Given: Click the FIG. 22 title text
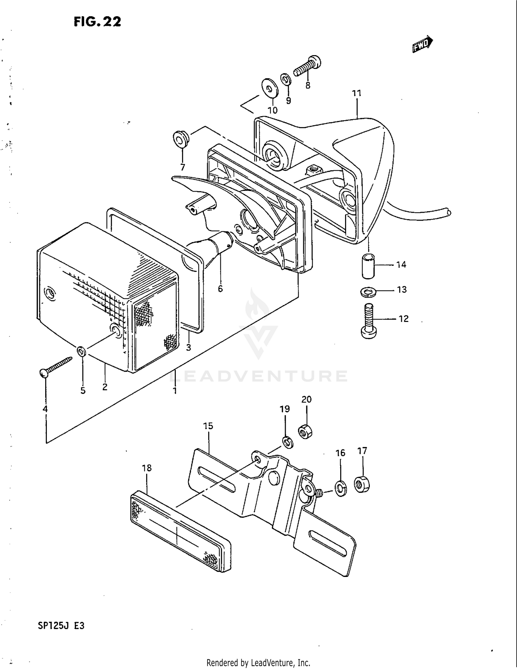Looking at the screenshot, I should [98, 22].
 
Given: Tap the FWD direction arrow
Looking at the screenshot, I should [422, 44].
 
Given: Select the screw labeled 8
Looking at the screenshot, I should [308, 66].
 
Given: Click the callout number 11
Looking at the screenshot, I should [356, 93].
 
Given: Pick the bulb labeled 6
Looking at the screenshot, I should [221, 245].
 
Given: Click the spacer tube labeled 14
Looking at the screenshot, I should [367, 265].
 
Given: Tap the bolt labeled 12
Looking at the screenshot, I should [369, 321].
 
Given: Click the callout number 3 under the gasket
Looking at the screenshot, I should [188, 347].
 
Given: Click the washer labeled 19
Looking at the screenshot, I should [287, 442].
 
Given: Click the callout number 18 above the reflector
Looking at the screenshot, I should [146, 468].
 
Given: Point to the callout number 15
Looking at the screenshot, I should [208, 426].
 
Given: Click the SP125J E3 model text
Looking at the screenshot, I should [61, 626].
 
